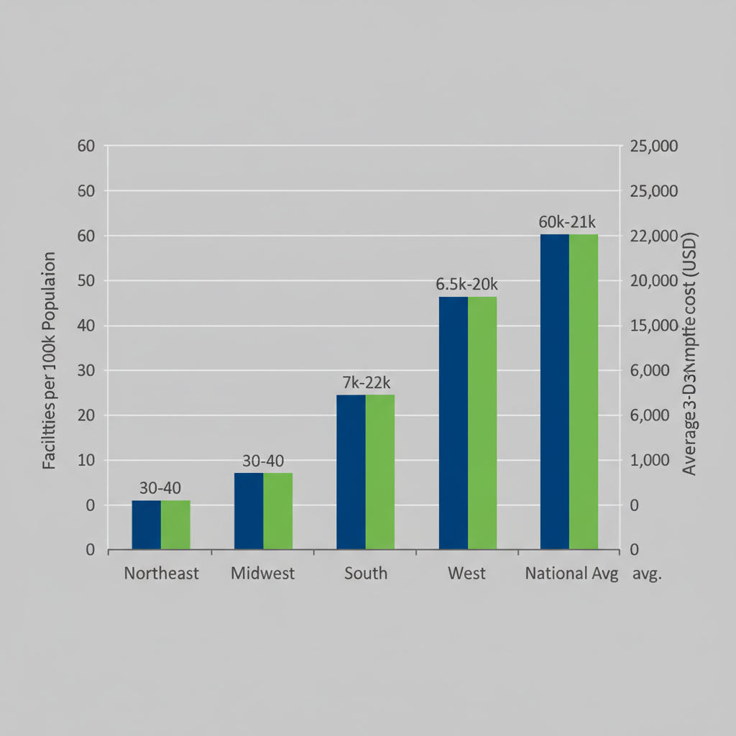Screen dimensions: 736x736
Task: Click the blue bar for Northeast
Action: [146, 525]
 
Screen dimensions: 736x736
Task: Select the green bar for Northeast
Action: [175, 525]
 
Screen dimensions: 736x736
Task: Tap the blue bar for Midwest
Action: [249, 511]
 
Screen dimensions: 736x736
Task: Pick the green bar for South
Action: [380, 472]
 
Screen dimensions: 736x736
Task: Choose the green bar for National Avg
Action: [584, 392]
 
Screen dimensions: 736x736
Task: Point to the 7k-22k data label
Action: [366, 382]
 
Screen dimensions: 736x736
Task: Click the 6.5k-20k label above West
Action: [467, 284]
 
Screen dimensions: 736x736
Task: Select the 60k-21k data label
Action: [569, 221]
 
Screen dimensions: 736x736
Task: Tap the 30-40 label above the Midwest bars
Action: [263, 461]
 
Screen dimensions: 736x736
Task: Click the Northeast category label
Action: [161, 574]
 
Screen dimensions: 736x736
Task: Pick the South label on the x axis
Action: [365, 574]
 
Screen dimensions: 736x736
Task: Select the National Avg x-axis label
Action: [571, 574]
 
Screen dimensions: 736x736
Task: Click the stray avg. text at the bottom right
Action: [647, 574]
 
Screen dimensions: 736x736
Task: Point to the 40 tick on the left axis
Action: [86, 326]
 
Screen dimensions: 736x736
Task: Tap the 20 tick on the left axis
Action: [86, 415]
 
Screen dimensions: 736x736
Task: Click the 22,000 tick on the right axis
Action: [653, 236]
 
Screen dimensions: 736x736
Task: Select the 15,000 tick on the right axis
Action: [653, 326]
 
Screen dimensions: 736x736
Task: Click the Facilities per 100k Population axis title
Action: [49, 361]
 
